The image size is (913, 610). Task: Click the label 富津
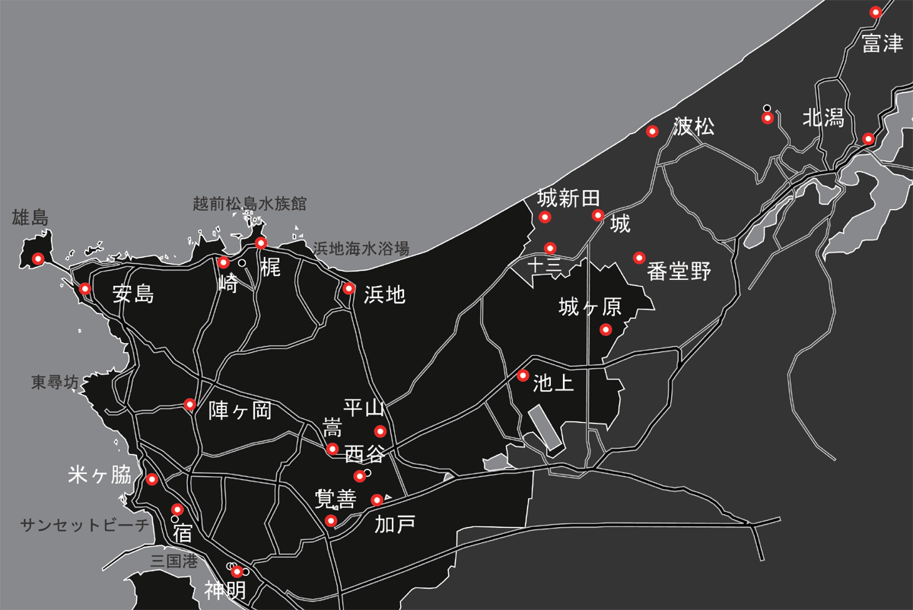coord(883,43)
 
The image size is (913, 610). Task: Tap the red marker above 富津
coord(876,12)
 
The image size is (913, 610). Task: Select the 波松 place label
coord(694,127)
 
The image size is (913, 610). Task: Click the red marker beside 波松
coord(652,132)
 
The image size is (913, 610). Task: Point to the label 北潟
coord(823,118)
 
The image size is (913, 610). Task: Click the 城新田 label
coord(569,199)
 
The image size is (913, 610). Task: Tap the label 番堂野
coord(679,272)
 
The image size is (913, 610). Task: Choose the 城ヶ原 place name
coord(590,307)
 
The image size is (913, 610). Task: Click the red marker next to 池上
coord(523,375)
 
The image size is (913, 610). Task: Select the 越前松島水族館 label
coord(250,204)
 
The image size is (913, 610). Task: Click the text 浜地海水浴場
coord(361,249)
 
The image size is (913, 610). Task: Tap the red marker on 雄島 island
coord(37,259)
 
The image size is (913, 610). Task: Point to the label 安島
coord(133,294)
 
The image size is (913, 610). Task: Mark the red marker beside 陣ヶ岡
coord(189,403)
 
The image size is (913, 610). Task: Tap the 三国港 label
coord(173,562)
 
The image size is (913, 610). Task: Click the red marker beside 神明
coord(237,572)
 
